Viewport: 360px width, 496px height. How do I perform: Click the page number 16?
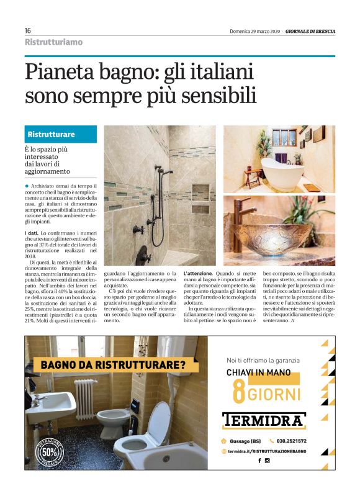tap(28, 30)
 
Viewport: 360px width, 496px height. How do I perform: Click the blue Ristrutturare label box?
tap(61, 134)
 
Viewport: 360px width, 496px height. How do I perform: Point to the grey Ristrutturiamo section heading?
tap(53, 42)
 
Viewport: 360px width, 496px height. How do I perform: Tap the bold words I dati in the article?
tap(34, 232)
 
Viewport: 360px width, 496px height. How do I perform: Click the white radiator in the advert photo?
tap(85, 398)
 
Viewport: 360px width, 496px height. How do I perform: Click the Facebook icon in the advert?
tap(259, 460)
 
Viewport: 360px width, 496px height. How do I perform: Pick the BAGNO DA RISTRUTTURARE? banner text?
tap(112, 365)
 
